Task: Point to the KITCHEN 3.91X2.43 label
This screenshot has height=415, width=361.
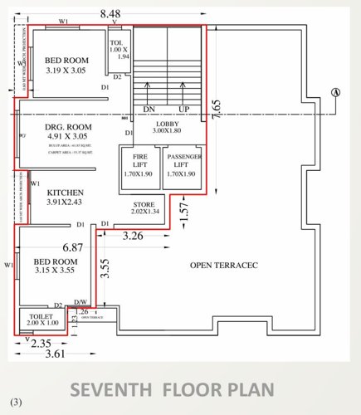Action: tap(65, 196)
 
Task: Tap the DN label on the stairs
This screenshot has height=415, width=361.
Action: tap(150, 109)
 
